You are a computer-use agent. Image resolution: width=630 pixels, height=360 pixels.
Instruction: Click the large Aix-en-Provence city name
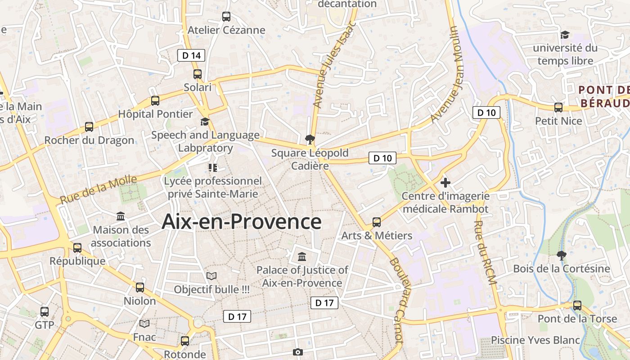241,221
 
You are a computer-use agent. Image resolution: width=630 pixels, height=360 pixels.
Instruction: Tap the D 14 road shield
191,55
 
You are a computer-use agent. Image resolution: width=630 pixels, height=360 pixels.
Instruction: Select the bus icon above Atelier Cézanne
226,17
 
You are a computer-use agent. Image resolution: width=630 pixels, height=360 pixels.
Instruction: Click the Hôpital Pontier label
155,114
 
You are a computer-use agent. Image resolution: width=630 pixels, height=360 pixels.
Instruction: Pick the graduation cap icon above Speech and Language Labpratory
205,122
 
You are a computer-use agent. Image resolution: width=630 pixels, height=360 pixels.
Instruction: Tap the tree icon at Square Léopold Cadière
309,139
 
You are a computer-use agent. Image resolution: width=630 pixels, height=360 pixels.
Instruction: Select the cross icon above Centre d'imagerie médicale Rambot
445,183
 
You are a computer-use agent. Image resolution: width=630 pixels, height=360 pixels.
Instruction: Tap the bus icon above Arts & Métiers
377,222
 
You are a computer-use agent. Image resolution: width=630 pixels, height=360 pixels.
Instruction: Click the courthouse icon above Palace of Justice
302,257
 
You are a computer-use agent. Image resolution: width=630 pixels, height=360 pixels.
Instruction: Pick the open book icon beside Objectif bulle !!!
211,276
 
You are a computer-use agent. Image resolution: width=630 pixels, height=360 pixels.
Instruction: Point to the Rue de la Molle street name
98,189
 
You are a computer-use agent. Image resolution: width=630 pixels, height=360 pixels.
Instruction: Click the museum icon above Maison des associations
121,216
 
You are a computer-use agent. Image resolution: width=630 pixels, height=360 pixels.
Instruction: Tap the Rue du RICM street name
485,252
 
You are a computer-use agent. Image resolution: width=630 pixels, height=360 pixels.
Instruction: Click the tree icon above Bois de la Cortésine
561,256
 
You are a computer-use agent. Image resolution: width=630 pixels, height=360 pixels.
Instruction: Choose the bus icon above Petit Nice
558,108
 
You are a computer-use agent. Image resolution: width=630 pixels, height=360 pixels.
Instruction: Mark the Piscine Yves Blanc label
535,340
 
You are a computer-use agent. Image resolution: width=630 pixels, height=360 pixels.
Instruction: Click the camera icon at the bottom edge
297,352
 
